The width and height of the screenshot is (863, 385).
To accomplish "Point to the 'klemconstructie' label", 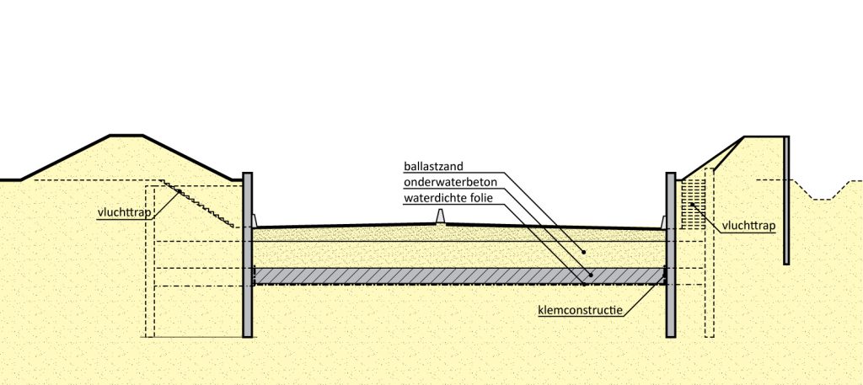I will [x=580, y=310].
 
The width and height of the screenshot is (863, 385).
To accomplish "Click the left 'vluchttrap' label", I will [x=124, y=212].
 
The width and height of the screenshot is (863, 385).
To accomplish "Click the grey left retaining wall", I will [x=248, y=253].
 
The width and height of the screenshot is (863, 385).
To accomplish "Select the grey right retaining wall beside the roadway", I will [x=671, y=253].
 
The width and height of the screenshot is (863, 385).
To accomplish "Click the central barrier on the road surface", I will [x=438, y=218].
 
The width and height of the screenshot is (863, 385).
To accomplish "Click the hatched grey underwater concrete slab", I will [x=379, y=276].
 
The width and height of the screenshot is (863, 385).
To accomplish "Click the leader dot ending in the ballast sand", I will [x=583, y=251].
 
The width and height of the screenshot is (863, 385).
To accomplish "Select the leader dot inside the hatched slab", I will [x=590, y=275].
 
